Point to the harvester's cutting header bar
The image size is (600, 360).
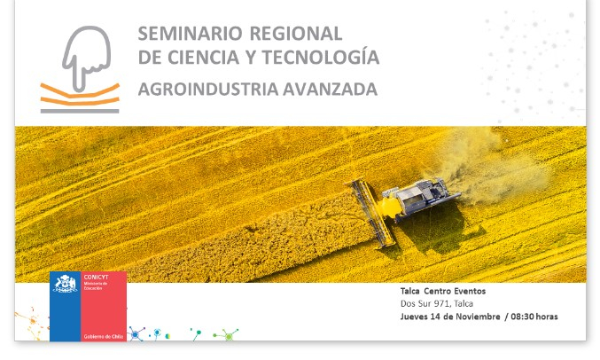click(x=370, y=213)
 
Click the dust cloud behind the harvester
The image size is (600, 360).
click(x=501, y=164)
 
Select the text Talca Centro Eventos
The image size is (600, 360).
click(x=442, y=291)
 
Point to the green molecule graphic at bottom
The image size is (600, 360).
click(x=227, y=335)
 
